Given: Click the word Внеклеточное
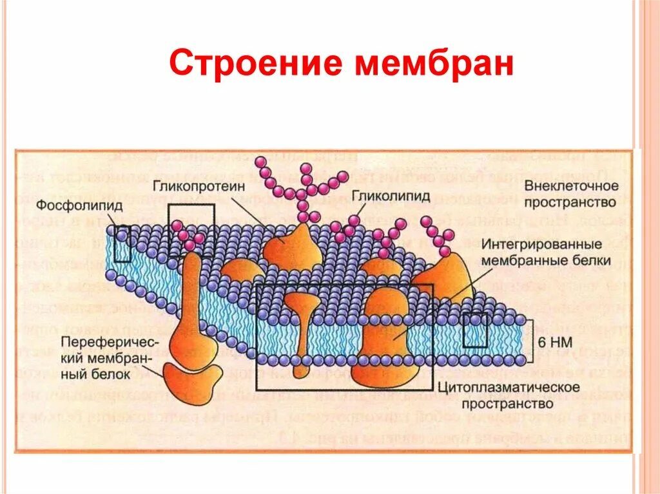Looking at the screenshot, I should [x=571, y=185].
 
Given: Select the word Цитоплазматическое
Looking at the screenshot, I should [x=508, y=388].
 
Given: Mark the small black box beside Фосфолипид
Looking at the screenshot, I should [x=121, y=243].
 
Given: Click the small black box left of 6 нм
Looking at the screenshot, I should [x=475, y=330].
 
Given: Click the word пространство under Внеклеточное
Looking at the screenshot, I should [x=571, y=202].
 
